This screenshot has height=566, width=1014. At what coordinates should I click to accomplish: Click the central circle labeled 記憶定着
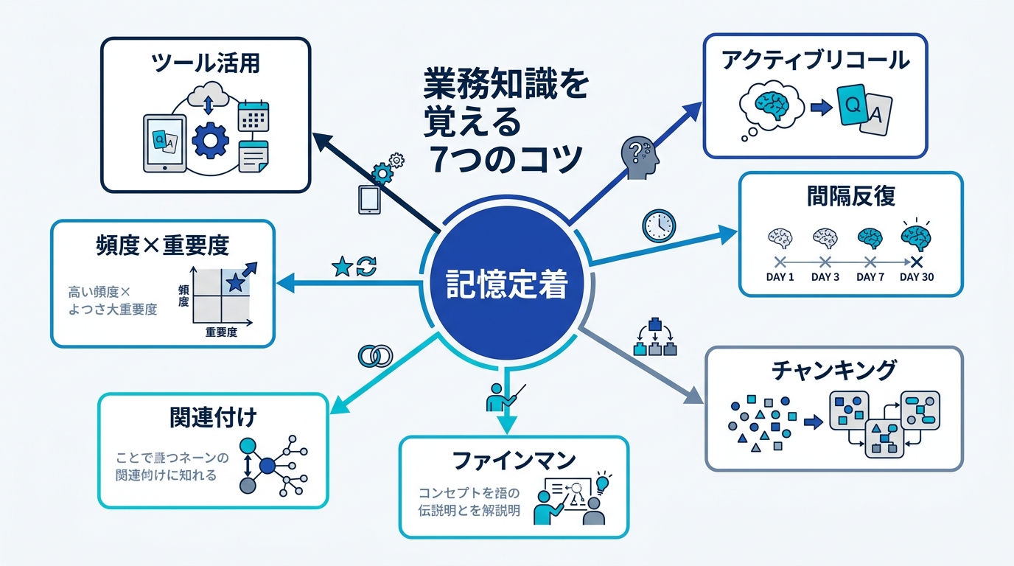507,285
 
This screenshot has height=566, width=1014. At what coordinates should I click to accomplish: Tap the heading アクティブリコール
815,60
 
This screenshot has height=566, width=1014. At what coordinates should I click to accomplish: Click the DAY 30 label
917,277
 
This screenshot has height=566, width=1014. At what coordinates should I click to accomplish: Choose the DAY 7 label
870,277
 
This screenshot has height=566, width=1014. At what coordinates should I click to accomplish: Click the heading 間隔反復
850,196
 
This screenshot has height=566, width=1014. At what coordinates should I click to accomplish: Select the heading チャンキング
834,369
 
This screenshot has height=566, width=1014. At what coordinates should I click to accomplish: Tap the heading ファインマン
514,461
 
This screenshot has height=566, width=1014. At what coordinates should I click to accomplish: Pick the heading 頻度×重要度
163,245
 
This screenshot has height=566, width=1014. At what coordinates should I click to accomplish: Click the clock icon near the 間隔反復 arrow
658,226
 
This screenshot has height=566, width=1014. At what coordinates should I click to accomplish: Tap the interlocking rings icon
375,356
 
